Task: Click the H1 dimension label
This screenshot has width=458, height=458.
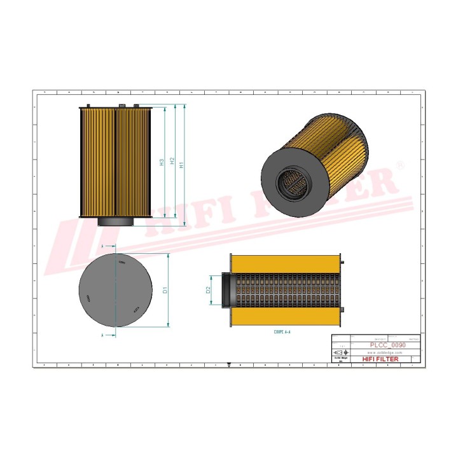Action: coord(182,165)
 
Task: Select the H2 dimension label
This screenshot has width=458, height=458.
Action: coord(172,162)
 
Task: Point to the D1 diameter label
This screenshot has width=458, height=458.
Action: coord(165,290)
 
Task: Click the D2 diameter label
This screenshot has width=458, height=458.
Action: coord(208,290)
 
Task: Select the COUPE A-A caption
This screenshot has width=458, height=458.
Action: coord(281,331)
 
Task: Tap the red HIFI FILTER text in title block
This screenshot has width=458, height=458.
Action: coord(380,359)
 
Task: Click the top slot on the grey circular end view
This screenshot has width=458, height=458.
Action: coord(121,262)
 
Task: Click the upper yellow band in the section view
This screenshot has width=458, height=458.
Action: coord(286,263)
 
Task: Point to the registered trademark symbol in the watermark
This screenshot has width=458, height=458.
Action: coord(400,165)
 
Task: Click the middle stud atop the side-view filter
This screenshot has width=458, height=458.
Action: coord(120,106)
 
